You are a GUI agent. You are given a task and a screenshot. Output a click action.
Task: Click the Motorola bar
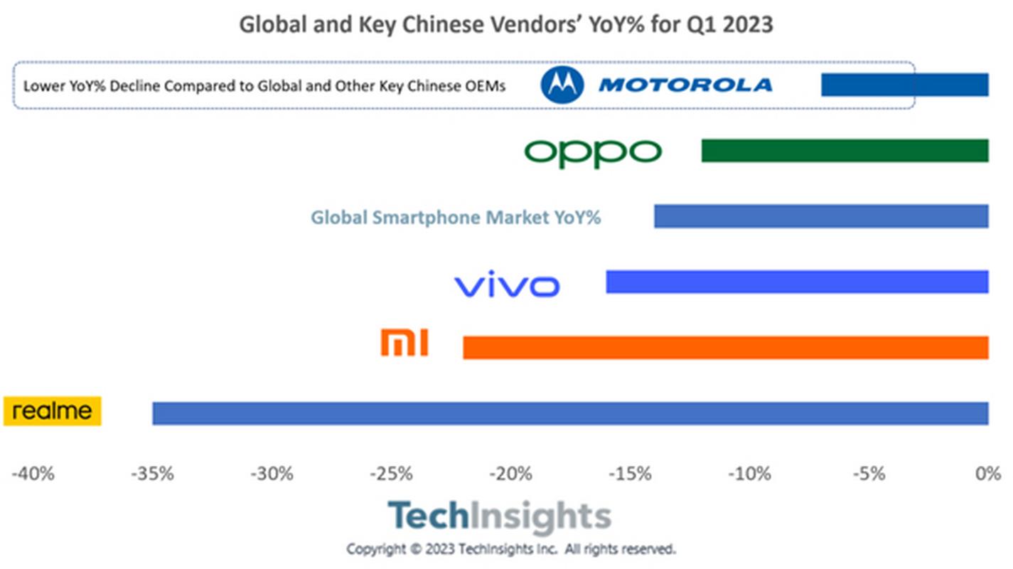click(904, 85)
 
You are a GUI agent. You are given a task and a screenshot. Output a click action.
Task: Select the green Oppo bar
click(845, 151)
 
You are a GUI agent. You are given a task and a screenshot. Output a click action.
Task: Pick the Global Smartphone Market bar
click(821, 216)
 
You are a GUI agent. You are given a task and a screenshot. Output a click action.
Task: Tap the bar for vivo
click(797, 282)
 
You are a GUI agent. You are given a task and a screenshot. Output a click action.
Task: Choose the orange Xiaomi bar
click(725, 348)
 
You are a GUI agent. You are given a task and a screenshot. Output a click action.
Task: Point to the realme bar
click(570, 413)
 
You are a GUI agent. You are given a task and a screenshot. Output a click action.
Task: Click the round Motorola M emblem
click(562, 85)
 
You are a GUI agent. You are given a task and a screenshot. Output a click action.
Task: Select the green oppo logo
click(593, 151)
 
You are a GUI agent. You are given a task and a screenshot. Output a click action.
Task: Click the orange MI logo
click(404, 342)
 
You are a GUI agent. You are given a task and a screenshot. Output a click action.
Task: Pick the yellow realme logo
click(53, 411)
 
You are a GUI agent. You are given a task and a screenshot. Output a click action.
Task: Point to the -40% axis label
click(33, 473)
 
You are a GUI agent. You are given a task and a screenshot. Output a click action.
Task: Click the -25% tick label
click(391, 473)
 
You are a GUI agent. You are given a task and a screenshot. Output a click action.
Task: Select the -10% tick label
click(749, 473)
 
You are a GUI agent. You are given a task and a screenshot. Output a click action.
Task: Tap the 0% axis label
click(988, 473)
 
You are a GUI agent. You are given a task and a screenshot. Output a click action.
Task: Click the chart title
click(505, 24)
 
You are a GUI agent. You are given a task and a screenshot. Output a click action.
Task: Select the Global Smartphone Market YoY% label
click(456, 217)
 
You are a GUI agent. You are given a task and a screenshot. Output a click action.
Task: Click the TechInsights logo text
click(499, 516)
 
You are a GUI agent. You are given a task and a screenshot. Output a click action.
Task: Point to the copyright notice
click(510, 549)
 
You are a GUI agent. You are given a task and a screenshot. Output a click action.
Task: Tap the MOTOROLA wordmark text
click(685, 85)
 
